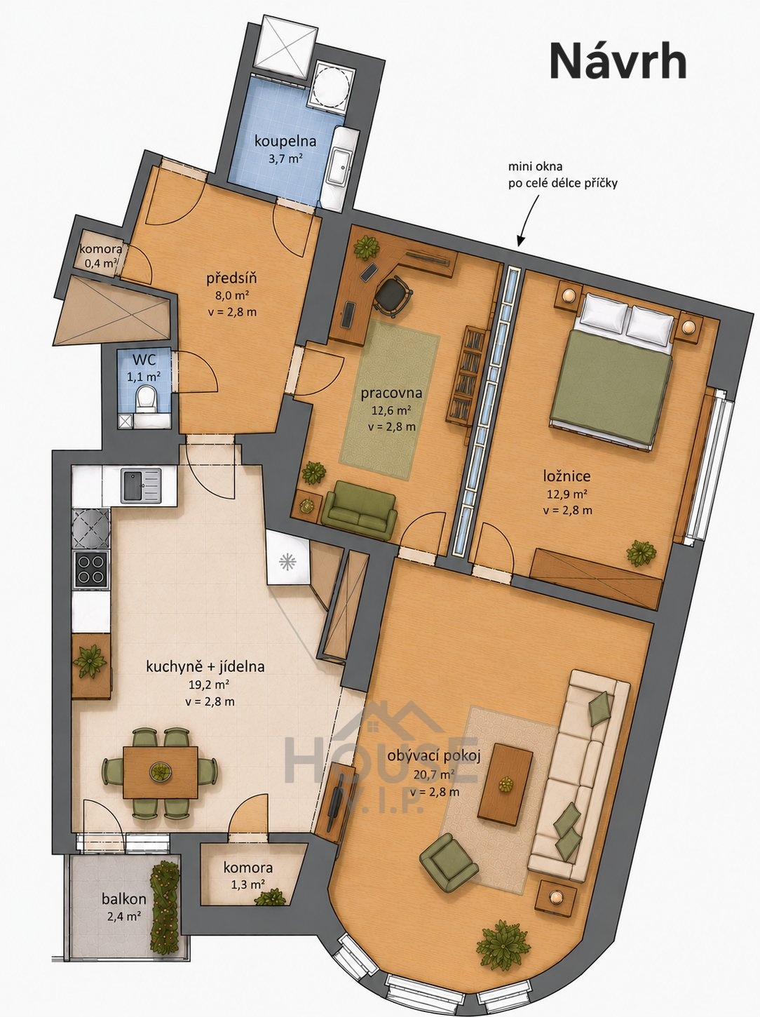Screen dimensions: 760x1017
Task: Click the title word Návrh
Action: [618, 62]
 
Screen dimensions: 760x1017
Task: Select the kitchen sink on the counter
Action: [141, 485]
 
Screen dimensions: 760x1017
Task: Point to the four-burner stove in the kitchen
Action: [90, 570]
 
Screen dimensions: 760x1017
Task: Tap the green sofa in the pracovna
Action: [360, 509]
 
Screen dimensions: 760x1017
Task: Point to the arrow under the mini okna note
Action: [529, 220]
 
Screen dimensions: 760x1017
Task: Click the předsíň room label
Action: [231, 279]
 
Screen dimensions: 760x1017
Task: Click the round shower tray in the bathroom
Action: [330, 87]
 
